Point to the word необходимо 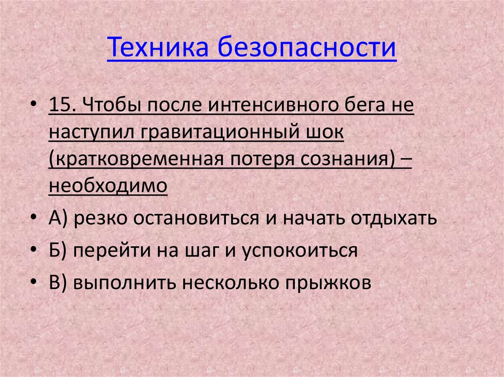tap(108, 187)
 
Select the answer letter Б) tap(58, 250)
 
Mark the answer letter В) tap(58, 283)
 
